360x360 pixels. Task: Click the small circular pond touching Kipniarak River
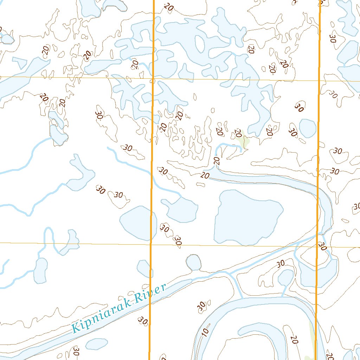[193, 263]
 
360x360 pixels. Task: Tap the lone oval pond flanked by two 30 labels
[307, 128]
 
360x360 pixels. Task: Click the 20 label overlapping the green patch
[238, 134]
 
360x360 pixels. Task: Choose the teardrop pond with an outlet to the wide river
[285, 278]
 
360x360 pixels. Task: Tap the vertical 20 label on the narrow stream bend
[217, 161]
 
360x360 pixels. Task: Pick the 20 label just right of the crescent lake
[295, 340]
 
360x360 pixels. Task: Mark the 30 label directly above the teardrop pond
[281, 264]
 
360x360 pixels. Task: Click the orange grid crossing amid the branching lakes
[153, 79]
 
